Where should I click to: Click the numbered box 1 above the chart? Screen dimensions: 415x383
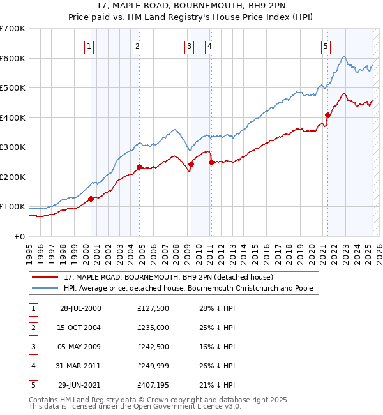click(x=89, y=45)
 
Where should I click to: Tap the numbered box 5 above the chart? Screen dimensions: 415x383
click(x=326, y=45)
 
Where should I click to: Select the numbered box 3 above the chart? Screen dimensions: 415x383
click(x=190, y=45)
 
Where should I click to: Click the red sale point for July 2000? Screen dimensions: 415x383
click(x=91, y=199)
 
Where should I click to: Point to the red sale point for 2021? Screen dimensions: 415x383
click(x=327, y=116)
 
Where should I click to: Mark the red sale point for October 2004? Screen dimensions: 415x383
click(x=139, y=167)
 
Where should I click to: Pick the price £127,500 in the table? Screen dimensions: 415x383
click(x=153, y=308)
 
